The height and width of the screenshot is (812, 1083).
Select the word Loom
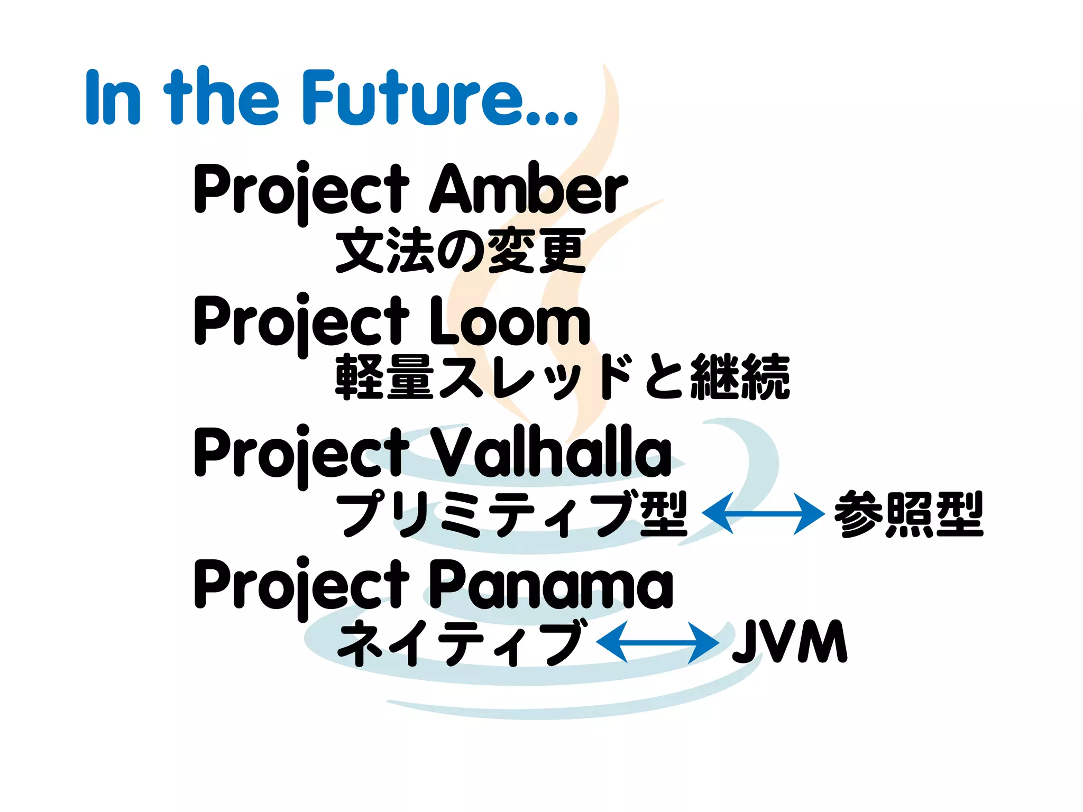click(509, 321)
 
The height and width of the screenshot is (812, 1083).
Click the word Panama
click(550, 585)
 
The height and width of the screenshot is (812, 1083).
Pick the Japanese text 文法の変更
click(461, 251)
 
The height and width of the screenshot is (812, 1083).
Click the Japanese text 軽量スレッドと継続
click(563, 377)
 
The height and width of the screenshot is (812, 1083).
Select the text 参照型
click(908, 514)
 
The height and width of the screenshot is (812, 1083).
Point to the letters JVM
click(790, 642)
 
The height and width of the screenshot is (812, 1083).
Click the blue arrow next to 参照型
click(763, 513)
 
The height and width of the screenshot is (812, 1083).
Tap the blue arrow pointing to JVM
click(657, 642)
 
